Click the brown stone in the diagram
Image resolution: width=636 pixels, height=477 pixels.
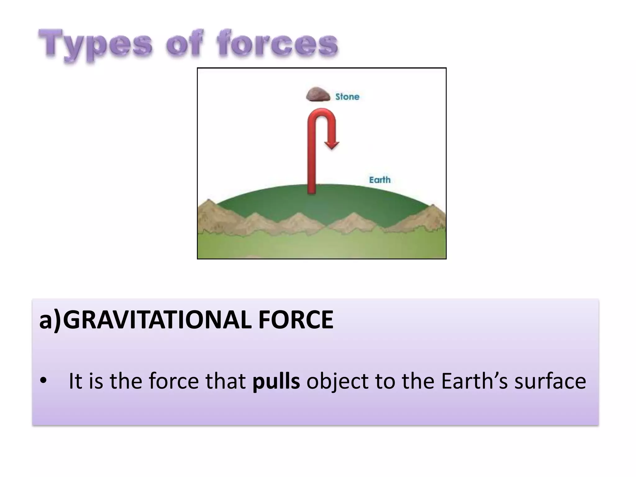coord(318,95)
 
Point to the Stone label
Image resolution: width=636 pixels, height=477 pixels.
coord(347,97)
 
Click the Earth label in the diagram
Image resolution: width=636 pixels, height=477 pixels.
coord(379,180)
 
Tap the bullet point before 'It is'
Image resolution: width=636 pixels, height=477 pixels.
coord(43,381)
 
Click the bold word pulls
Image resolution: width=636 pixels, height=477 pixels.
coord(276,381)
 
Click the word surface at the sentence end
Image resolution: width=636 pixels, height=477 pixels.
coord(550,381)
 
